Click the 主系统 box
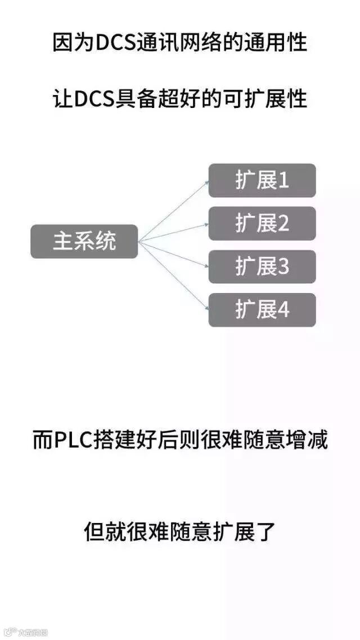[84, 241]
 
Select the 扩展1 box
[262, 181]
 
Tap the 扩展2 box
[262, 223]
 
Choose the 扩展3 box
[262, 267]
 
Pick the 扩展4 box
[262, 310]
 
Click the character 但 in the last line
[94, 531]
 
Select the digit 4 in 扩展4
[283, 310]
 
